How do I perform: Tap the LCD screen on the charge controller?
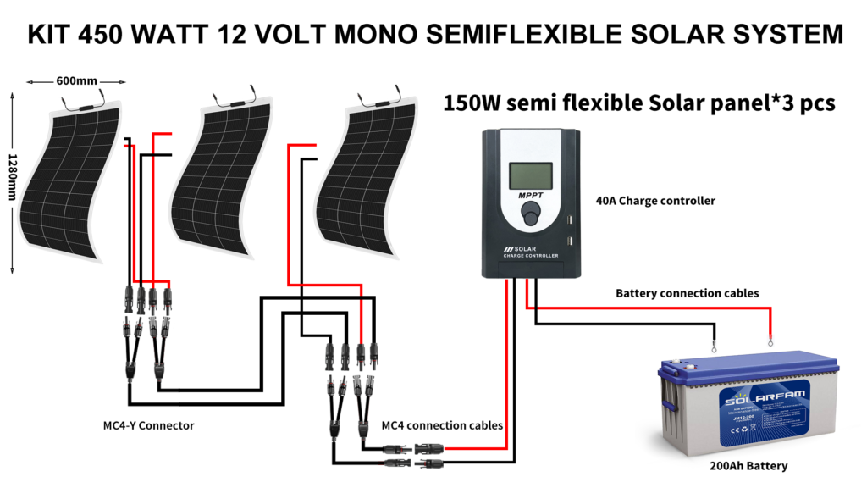point(530,175)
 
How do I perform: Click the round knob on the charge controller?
point(530,218)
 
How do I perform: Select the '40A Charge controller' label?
point(656,202)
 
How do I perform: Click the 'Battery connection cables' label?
point(687,293)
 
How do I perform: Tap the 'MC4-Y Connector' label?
point(142,425)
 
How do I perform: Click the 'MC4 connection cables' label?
point(442,425)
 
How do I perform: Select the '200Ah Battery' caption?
point(748,466)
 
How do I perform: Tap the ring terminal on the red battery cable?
point(770,343)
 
